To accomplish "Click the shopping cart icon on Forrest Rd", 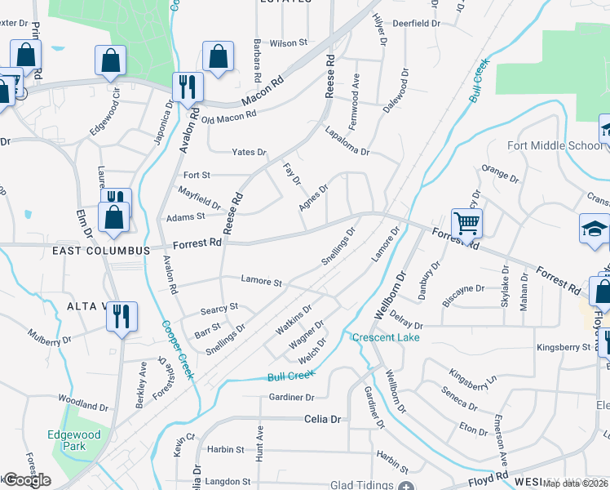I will pos(466,222).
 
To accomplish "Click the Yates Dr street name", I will pos(249,153).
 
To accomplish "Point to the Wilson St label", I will pos(288,42).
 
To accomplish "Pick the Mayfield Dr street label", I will pos(200,197).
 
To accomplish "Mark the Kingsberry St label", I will pos(564,347).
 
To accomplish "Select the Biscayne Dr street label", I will pos(463,289).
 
